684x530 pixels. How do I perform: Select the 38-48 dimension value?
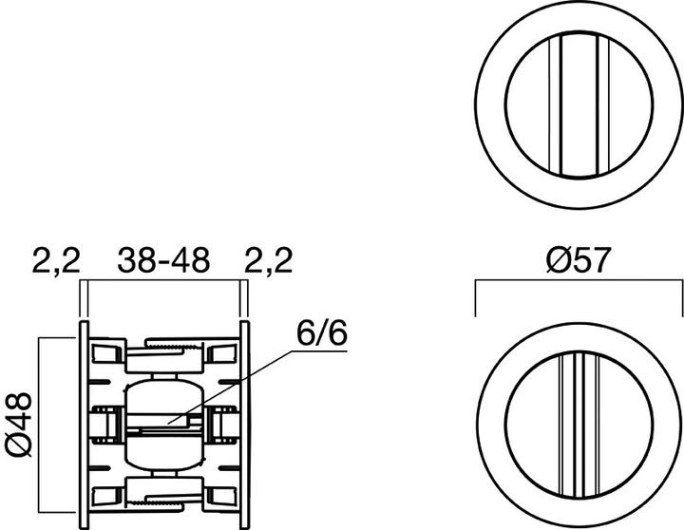tap(161, 260)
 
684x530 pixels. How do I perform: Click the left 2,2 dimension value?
tap(57, 260)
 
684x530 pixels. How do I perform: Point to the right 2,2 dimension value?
tap(269, 260)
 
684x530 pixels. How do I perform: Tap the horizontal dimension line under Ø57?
tap(578, 282)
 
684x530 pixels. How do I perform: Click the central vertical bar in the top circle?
tap(578, 104)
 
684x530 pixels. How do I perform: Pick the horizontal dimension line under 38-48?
tap(161, 282)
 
